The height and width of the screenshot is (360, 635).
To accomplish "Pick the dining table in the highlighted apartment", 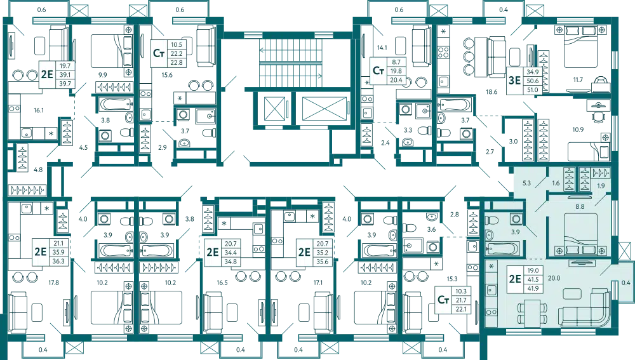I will (x=528, y=311).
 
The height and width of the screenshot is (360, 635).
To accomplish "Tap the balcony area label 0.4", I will (x=627, y=283).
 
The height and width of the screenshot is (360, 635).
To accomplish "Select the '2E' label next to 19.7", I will (x=46, y=74).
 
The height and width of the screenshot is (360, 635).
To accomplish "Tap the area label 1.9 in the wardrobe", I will (x=601, y=185).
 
